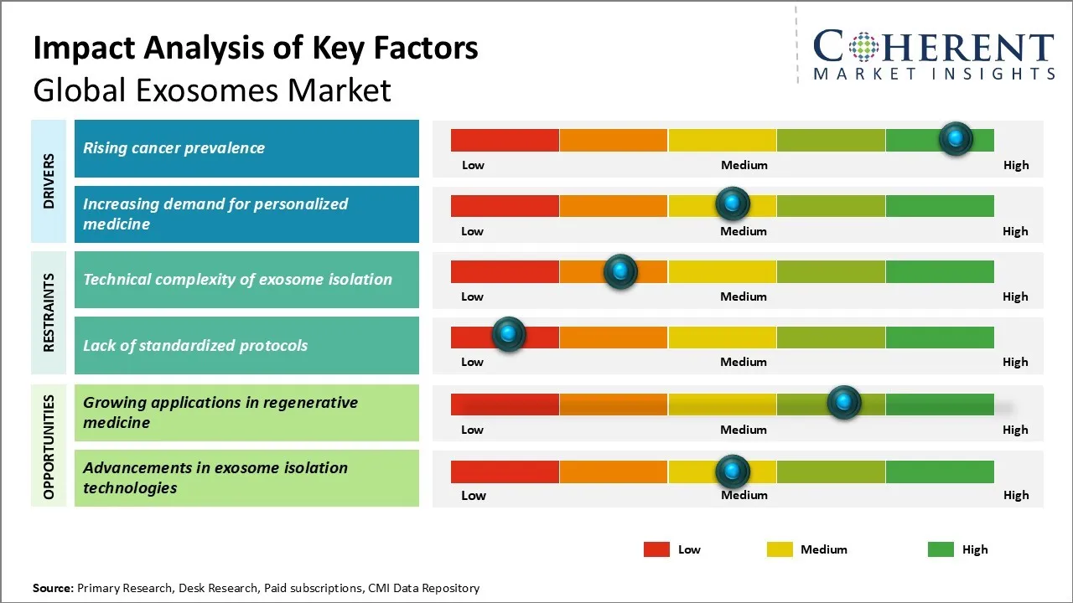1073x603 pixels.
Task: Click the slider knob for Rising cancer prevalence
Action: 956,139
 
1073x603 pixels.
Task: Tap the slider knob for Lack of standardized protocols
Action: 508,334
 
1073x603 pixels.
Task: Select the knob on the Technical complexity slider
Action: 620,271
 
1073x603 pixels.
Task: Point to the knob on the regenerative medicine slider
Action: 843,403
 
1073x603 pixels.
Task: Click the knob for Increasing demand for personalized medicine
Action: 733,204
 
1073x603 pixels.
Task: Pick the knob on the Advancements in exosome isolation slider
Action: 733,472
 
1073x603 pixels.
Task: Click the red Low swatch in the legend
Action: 656,549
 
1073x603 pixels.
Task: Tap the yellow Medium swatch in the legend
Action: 780,549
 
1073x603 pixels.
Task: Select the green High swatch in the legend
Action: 941,549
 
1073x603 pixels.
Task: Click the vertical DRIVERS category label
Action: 48,181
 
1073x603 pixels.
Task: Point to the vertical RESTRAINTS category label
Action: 48,312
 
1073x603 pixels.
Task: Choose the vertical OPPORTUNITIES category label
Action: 48,446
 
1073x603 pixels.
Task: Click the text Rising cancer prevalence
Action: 174,148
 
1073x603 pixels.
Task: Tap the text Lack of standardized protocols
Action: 195,345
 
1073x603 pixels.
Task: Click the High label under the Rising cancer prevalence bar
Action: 1016,165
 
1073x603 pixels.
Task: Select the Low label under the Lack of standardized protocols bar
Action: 472,362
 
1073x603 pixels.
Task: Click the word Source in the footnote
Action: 52,588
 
